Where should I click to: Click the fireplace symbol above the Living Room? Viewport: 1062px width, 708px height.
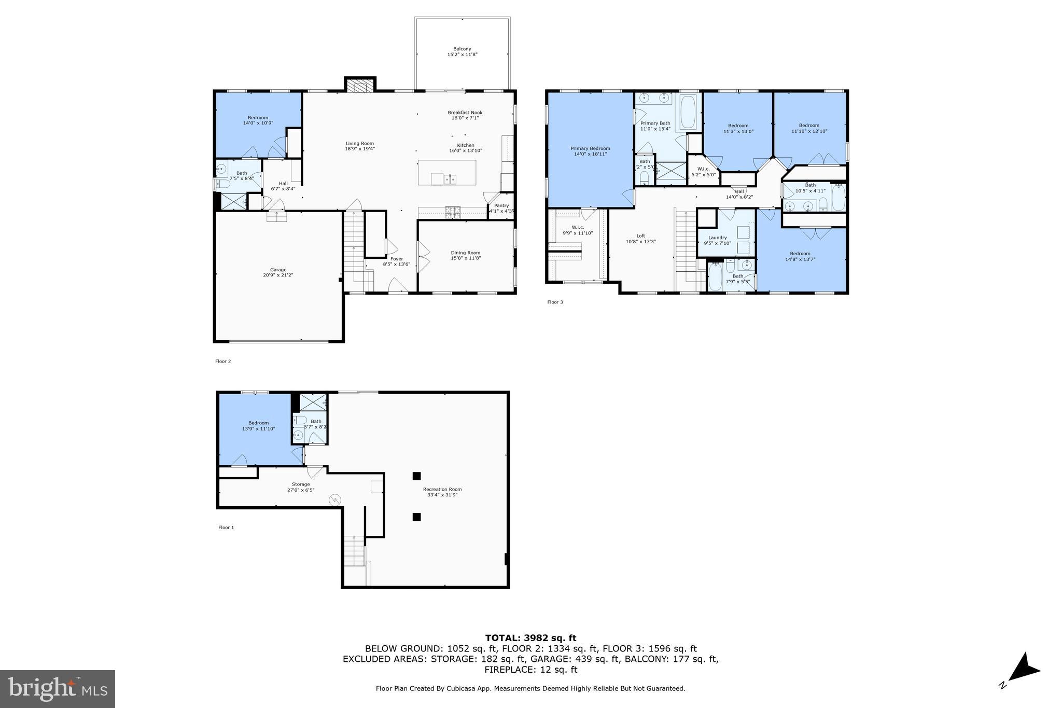point(360,86)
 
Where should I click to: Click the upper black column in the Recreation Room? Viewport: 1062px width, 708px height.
point(416,476)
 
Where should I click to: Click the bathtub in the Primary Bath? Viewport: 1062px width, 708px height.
point(688,112)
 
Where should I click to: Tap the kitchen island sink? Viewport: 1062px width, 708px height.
point(450,179)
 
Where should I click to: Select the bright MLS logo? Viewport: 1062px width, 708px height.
point(58,689)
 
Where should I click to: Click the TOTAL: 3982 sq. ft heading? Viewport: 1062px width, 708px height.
point(530,638)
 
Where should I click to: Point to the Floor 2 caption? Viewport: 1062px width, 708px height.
point(223,362)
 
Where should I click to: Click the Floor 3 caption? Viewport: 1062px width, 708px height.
point(555,302)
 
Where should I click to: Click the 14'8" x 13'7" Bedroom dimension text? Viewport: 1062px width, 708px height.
point(800,259)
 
